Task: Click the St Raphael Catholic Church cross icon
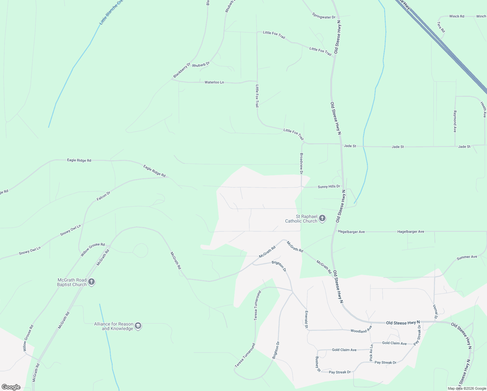pyautogui.click(x=322, y=218)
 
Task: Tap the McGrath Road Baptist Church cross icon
pyautogui.click(x=91, y=282)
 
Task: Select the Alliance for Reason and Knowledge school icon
pyautogui.click(x=138, y=326)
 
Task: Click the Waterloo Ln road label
pyautogui.click(x=214, y=82)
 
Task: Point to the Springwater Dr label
pyautogui.click(x=324, y=16)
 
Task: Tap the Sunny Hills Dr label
pyautogui.click(x=329, y=187)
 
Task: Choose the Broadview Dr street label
pyautogui.click(x=301, y=164)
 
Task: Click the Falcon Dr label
pyautogui.click(x=104, y=196)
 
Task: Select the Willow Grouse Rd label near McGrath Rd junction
pyautogui.click(x=93, y=249)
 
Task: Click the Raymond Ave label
pyautogui.click(x=455, y=121)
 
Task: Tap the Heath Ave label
pyautogui.click(x=483, y=109)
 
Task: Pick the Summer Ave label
pyautogui.click(x=467, y=257)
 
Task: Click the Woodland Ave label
pyautogui.click(x=361, y=330)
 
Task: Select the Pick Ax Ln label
pyautogui.click(x=371, y=353)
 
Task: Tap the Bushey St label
pyautogui.click(x=318, y=364)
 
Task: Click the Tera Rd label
pyautogui.click(x=441, y=27)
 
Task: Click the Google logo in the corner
pyautogui.click(x=11, y=387)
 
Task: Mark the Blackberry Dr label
pyautogui.click(x=182, y=70)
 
